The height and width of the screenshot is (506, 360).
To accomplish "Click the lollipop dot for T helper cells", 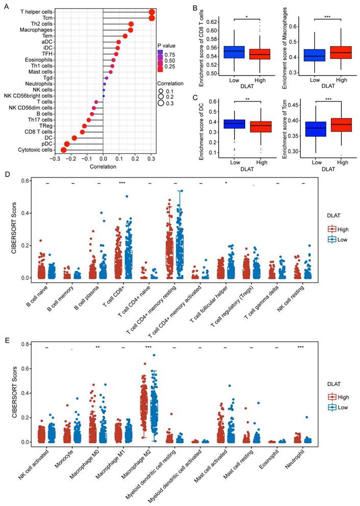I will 152,12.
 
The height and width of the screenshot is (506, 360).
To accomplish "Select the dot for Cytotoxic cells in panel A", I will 64,149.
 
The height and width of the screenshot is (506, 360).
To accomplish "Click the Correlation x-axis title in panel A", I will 104,167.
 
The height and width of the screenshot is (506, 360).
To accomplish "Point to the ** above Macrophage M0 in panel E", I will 97,347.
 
